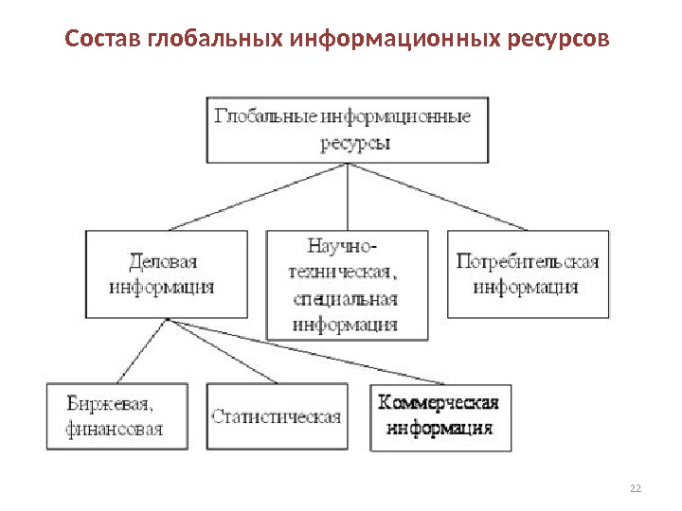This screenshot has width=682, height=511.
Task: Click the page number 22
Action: [635, 487]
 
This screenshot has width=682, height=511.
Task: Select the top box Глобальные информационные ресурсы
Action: [348, 129]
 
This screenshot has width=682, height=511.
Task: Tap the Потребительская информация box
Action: [527, 273]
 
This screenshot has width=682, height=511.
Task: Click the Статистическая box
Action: [277, 415]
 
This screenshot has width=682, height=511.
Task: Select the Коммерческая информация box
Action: [439, 415]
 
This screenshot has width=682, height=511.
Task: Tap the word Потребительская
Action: [527, 261]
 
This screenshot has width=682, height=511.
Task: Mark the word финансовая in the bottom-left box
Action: [115, 429]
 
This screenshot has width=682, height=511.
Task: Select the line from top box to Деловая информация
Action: [258, 196]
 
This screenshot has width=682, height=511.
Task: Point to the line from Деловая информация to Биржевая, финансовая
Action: [142, 351]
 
